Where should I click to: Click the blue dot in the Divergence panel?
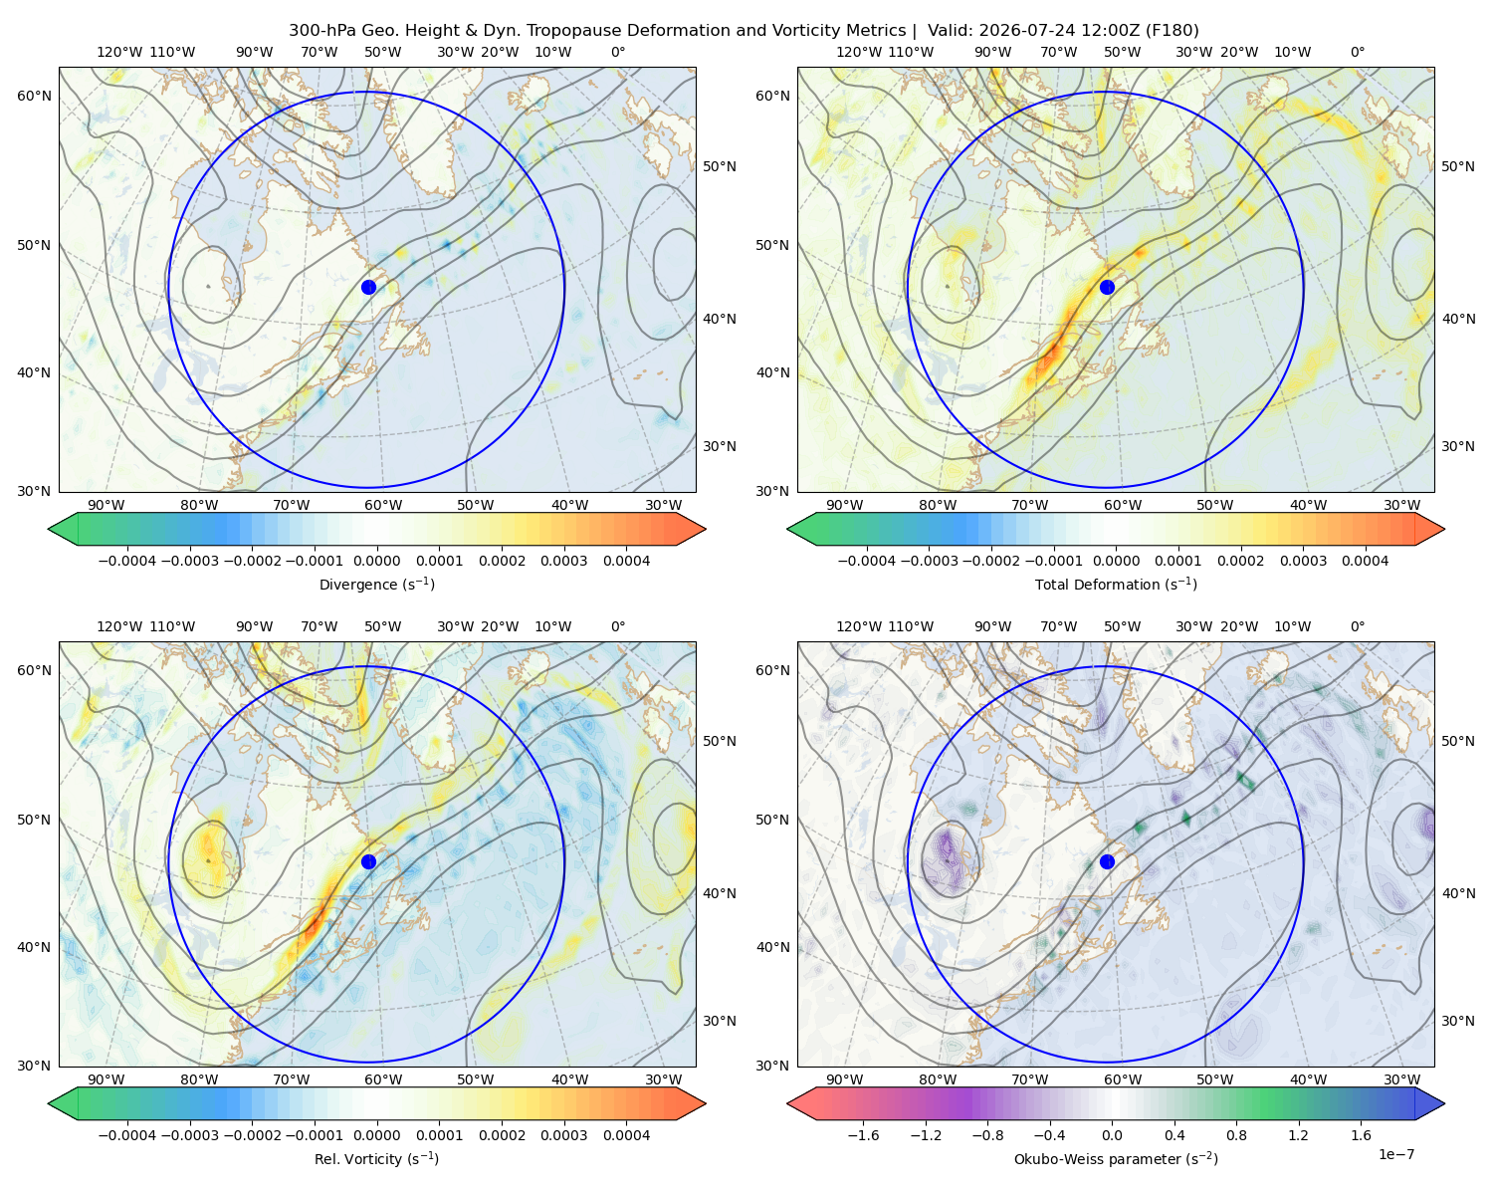(x=368, y=287)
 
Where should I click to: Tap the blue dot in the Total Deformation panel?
(x=1107, y=287)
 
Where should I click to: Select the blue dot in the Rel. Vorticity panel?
(x=368, y=861)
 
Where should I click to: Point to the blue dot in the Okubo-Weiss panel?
(x=1107, y=861)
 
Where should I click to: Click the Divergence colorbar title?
(x=376, y=584)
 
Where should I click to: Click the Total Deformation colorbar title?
(x=1116, y=584)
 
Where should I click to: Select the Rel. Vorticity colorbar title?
(x=376, y=1158)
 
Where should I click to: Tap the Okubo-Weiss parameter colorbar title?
(x=1116, y=1158)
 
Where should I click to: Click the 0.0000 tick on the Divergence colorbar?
(x=376, y=561)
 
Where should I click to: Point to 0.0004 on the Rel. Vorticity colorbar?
(x=626, y=1134)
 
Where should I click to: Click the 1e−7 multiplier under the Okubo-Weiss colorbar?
(x=1395, y=1154)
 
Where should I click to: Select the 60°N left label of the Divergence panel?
(x=34, y=96)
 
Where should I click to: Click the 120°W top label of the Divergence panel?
(x=119, y=52)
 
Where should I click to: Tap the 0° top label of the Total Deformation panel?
(x=1357, y=52)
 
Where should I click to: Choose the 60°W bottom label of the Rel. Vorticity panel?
(x=383, y=1079)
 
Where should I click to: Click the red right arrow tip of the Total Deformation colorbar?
(x=1444, y=529)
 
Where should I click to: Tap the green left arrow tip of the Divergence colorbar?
(x=49, y=529)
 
